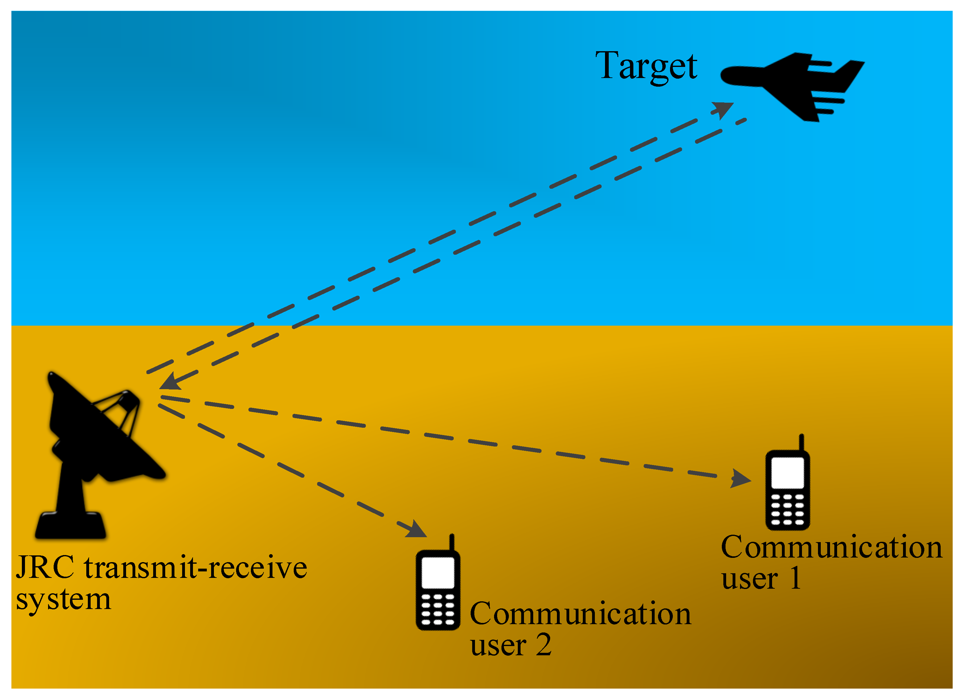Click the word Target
pyautogui.click(x=646, y=66)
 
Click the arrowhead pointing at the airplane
pyautogui.click(x=723, y=109)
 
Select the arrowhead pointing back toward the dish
pyautogui.click(x=169, y=381)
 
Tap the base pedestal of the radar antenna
pyautogui.click(x=71, y=526)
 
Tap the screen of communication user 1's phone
pyautogui.click(x=787, y=473)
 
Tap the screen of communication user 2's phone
pyautogui.click(x=438, y=573)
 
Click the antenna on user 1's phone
pyautogui.click(x=801, y=443)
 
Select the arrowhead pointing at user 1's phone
pyautogui.click(x=740, y=479)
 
